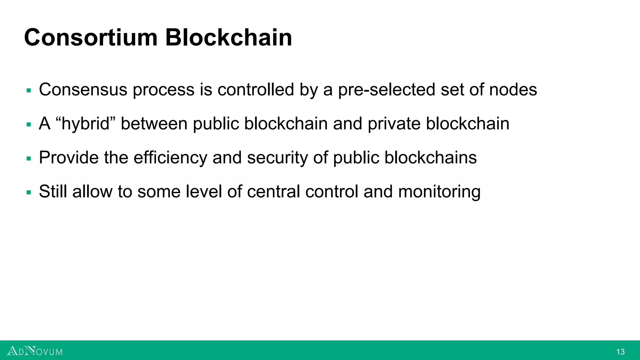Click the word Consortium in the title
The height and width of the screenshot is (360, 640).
[x=91, y=37]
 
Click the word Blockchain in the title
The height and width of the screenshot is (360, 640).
[x=228, y=37]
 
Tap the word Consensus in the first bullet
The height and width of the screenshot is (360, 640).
[x=83, y=90]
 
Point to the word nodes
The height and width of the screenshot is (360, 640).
[x=513, y=90]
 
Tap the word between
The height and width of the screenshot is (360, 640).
[x=154, y=124]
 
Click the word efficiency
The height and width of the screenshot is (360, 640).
[x=170, y=157]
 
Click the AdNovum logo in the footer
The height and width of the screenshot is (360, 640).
[x=35, y=351]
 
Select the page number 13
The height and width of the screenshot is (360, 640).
[x=620, y=352]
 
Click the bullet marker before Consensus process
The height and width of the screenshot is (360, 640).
[x=29, y=91]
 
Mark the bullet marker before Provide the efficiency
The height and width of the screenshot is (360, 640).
[x=29, y=159]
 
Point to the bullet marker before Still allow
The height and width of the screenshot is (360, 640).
[x=29, y=192]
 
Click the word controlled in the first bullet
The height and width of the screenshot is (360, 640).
[x=256, y=90]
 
